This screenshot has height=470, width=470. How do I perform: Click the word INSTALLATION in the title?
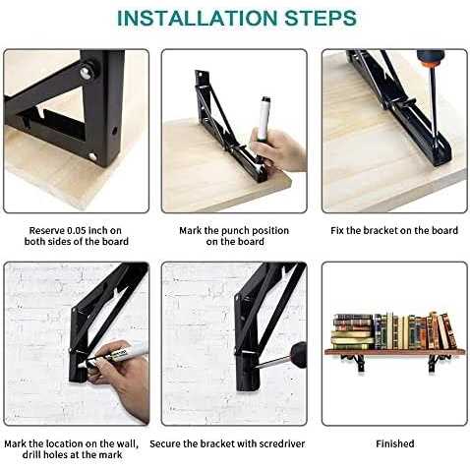tap(197, 19)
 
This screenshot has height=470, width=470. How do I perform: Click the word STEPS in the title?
tap(321, 19)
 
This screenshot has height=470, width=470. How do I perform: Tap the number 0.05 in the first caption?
tap(77, 231)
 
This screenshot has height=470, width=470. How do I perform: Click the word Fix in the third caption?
tap(336, 231)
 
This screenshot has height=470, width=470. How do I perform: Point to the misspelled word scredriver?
tap(282, 444)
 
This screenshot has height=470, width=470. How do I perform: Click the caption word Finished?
tap(395, 444)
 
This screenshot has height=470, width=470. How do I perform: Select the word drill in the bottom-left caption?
tap(31, 455)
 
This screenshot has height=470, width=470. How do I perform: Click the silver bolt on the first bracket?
tap(87, 72)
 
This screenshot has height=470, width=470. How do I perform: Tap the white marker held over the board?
tap(264, 120)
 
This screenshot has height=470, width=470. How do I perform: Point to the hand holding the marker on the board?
tap(278, 149)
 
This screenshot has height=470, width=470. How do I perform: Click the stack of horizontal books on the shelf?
tap(353, 331)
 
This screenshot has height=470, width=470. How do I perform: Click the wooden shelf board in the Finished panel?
tap(394, 352)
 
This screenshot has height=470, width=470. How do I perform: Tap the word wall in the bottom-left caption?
tap(127, 444)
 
